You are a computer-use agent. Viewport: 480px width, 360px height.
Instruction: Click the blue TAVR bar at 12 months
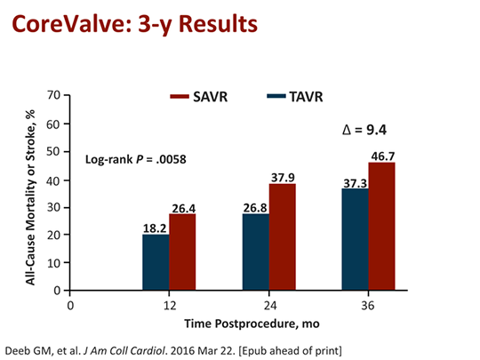pyautogui.click(x=156, y=262)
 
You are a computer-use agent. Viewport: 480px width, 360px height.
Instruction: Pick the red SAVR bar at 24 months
pyautogui.click(x=282, y=237)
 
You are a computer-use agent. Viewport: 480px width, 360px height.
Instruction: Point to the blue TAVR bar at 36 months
pyautogui.click(x=356, y=239)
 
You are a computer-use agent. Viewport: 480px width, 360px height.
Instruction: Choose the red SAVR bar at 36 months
pyautogui.click(x=382, y=227)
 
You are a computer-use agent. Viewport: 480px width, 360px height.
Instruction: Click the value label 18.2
pyautogui.click(x=156, y=228)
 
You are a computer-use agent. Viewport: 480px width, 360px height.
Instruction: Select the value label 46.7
pyautogui.click(x=383, y=156)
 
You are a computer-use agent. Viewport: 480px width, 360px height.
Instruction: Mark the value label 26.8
pyautogui.click(x=255, y=207)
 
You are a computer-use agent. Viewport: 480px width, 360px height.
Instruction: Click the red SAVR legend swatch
pyautogui.click(x=189, y=95)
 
